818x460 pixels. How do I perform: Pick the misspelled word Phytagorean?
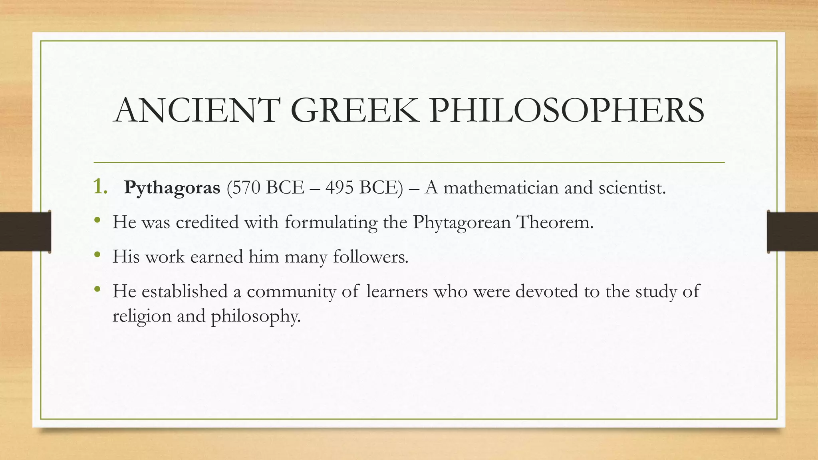[x=462, y=222]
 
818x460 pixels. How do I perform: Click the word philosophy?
[x=256, y=317]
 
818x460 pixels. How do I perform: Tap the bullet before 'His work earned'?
[x=97, y=254]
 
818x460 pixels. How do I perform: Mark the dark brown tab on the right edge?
[x=792, y=232]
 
